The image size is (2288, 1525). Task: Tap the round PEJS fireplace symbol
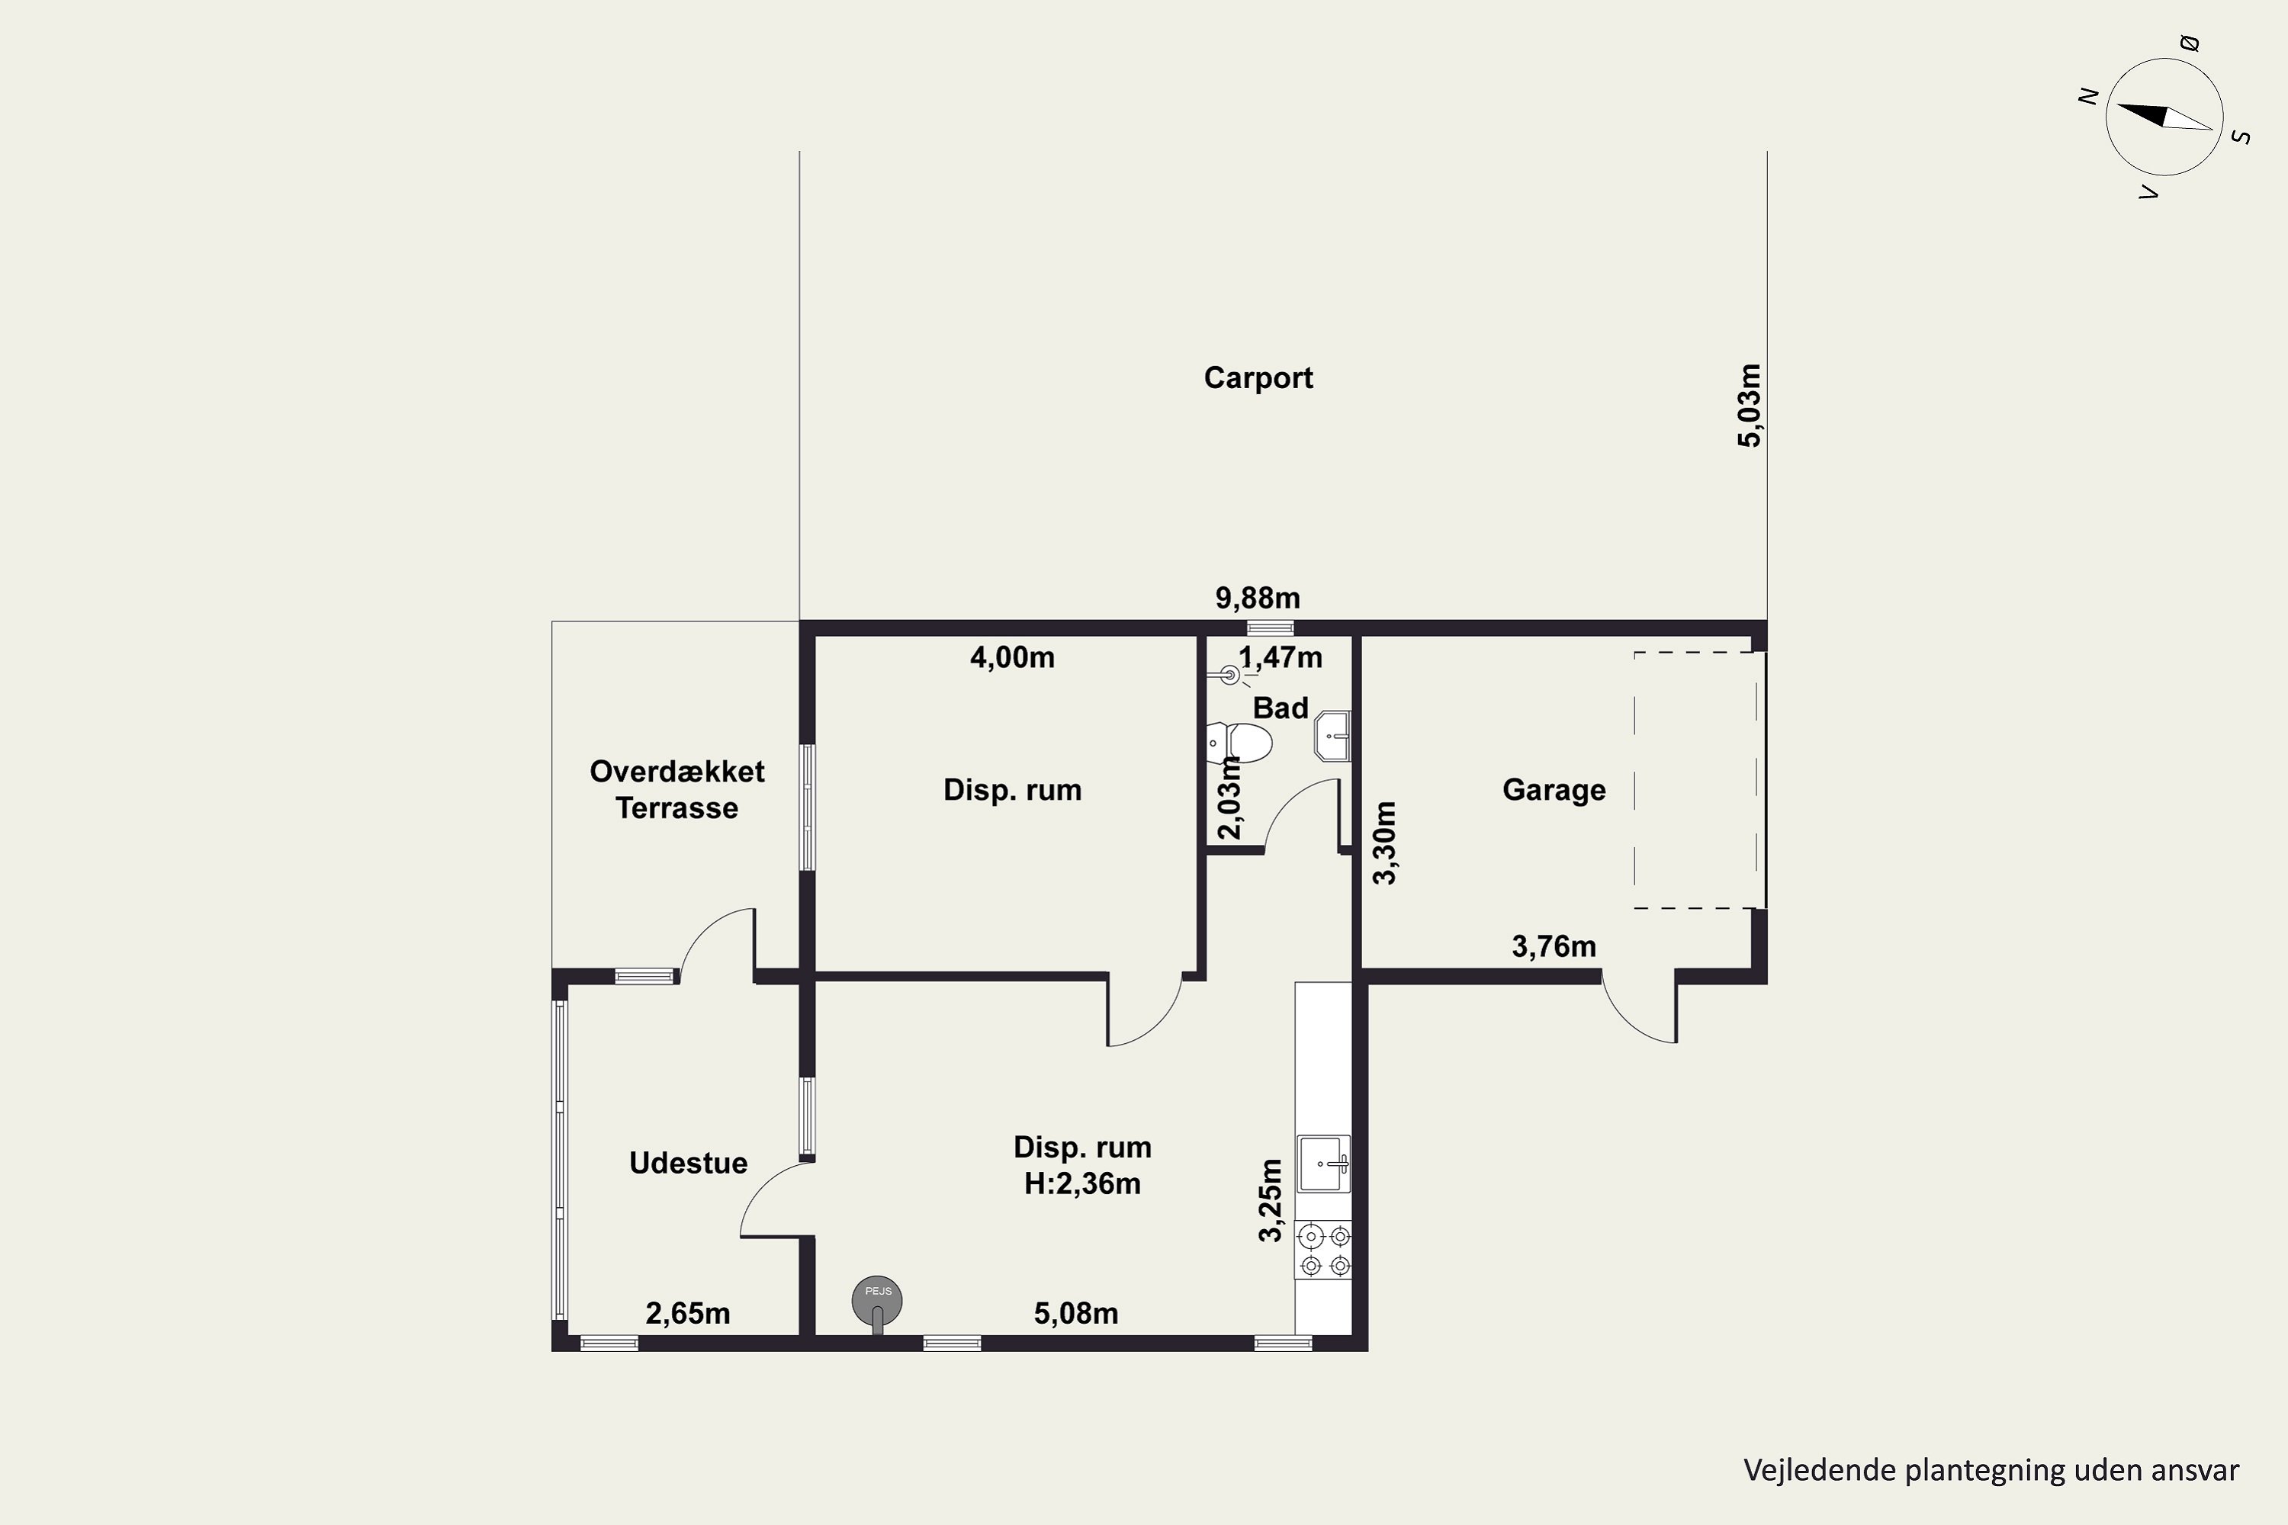click(x=878, y=1300)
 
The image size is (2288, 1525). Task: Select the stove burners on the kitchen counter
click(x=1325, y=1250)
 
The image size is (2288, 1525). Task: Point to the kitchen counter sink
click(x=1324, y=1164)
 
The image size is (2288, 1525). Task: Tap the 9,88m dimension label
click(x=1257, y=597)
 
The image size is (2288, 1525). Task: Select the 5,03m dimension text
click(x=1750, y=405)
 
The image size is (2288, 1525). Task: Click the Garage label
click(x=1554, y=790)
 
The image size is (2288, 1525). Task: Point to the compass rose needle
click(x=2164, y=117)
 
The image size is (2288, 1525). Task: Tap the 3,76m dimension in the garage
click(x=1554, y=946)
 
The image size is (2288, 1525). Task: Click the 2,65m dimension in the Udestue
click(x=688, y=1313)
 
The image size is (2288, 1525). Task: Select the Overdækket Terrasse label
click(x=677, y=790)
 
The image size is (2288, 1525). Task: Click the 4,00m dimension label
click(x=1012, y=657)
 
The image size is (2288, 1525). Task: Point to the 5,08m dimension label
click(x=1076, y=1314)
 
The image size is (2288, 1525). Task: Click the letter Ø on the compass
click(x=2189, y=43)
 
